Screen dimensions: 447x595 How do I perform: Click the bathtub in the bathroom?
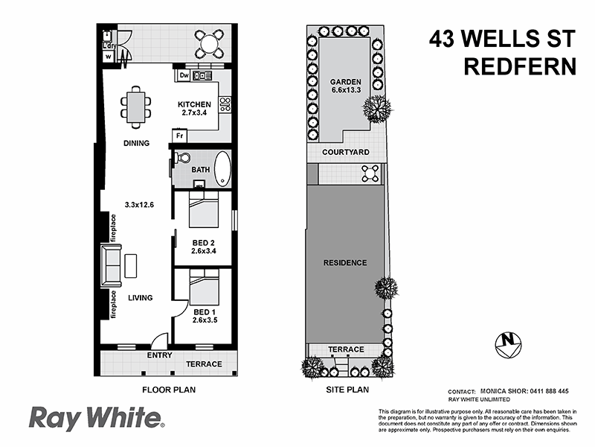coord(222,169)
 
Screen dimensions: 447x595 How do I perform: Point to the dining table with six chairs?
coord(135,107)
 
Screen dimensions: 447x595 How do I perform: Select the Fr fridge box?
coord(179,136)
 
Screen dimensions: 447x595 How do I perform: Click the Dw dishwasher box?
coord(184,75)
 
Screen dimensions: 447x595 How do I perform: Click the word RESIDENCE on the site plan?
coord(345,263)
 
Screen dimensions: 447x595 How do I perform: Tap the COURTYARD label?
coord(345,152)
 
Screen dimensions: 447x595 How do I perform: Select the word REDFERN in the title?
coord(520,66)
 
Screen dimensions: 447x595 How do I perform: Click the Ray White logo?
coord(97,419)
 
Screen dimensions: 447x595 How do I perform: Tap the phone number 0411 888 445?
coord(547,391)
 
